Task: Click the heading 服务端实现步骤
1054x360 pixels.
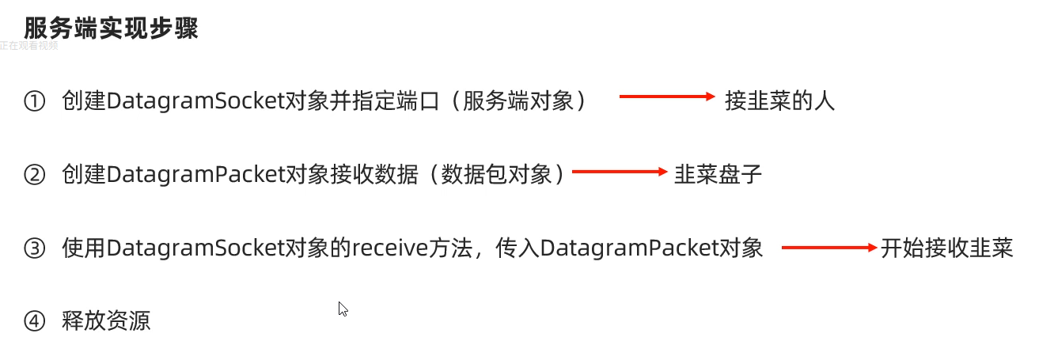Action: click(111, 28)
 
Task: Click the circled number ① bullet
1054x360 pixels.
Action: click(35, 101)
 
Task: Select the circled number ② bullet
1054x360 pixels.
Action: click(35, 175)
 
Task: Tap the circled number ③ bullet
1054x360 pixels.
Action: click(35, 248)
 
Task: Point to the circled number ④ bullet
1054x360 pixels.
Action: click(35, 321)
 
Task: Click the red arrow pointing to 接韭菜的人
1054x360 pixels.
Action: click(666, 97)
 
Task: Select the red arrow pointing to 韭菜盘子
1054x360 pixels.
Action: click(620, 171)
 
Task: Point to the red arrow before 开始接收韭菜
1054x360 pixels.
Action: click(829, 248)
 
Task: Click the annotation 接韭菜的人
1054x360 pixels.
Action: click(779, 101)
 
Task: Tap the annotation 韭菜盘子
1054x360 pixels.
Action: click(718, 175)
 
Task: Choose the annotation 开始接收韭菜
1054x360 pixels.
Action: click(946, 248)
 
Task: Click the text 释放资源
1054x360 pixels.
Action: click(106, 321)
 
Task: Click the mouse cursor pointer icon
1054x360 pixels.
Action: click(343, 309)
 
